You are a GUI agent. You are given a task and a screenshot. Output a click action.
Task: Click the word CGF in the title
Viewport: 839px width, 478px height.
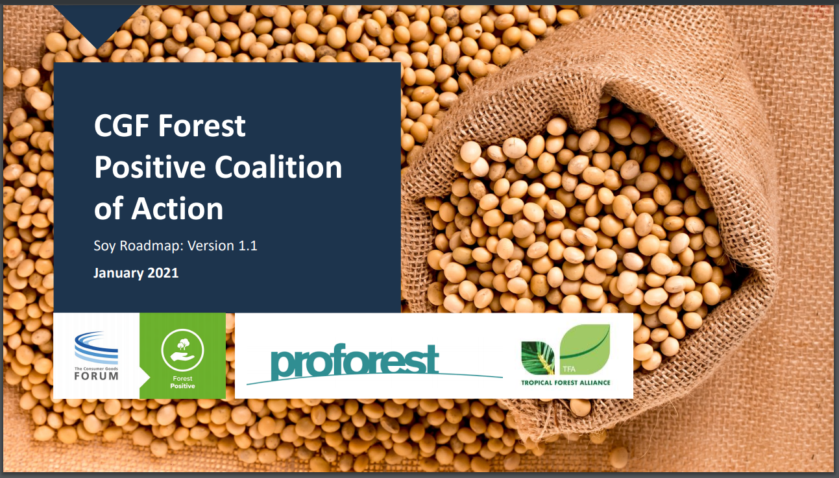coord(122,126)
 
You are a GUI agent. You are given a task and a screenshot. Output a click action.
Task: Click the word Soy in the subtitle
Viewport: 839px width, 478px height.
coord(104,246)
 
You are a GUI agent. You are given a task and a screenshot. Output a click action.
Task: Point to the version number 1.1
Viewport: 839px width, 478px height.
coord(248,246)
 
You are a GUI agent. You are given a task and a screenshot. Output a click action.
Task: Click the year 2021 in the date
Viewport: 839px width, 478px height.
coord(163,273)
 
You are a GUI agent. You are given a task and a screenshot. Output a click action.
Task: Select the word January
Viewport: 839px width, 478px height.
coord(118,273)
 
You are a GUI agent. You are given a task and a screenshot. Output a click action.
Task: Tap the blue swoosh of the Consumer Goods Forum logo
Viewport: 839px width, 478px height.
coord(96,347)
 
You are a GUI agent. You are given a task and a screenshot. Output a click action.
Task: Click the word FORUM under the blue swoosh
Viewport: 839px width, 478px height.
coord(96,376)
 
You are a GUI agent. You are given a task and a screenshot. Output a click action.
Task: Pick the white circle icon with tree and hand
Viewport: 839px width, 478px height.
coord(182,350)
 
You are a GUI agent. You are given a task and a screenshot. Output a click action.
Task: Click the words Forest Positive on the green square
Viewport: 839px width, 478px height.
coord(182,382)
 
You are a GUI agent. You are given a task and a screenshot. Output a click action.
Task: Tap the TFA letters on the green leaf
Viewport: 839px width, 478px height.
coord(569,369)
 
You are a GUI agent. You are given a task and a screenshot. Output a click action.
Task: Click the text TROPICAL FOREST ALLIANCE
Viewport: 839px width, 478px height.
coord(566,383)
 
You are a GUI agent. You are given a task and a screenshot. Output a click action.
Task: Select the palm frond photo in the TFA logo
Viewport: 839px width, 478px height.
coord(538,358)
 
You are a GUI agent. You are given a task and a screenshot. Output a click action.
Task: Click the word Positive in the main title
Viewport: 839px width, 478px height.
coord(150,167)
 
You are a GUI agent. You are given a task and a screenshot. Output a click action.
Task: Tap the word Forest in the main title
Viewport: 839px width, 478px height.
coord(202,126)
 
